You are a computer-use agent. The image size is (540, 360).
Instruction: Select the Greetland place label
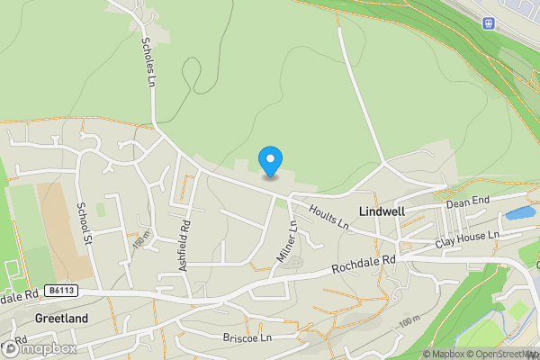click(62, 319)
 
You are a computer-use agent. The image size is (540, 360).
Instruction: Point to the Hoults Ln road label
click(328, 217)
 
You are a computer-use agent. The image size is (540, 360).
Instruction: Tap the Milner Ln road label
click(287, 241)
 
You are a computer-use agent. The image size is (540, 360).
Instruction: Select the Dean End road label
click(468, 204)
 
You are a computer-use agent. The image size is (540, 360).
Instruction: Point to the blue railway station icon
click(490, 22)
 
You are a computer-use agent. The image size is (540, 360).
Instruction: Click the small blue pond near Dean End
click(519, 214)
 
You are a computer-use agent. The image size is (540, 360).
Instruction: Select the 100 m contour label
click(409, 321)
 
